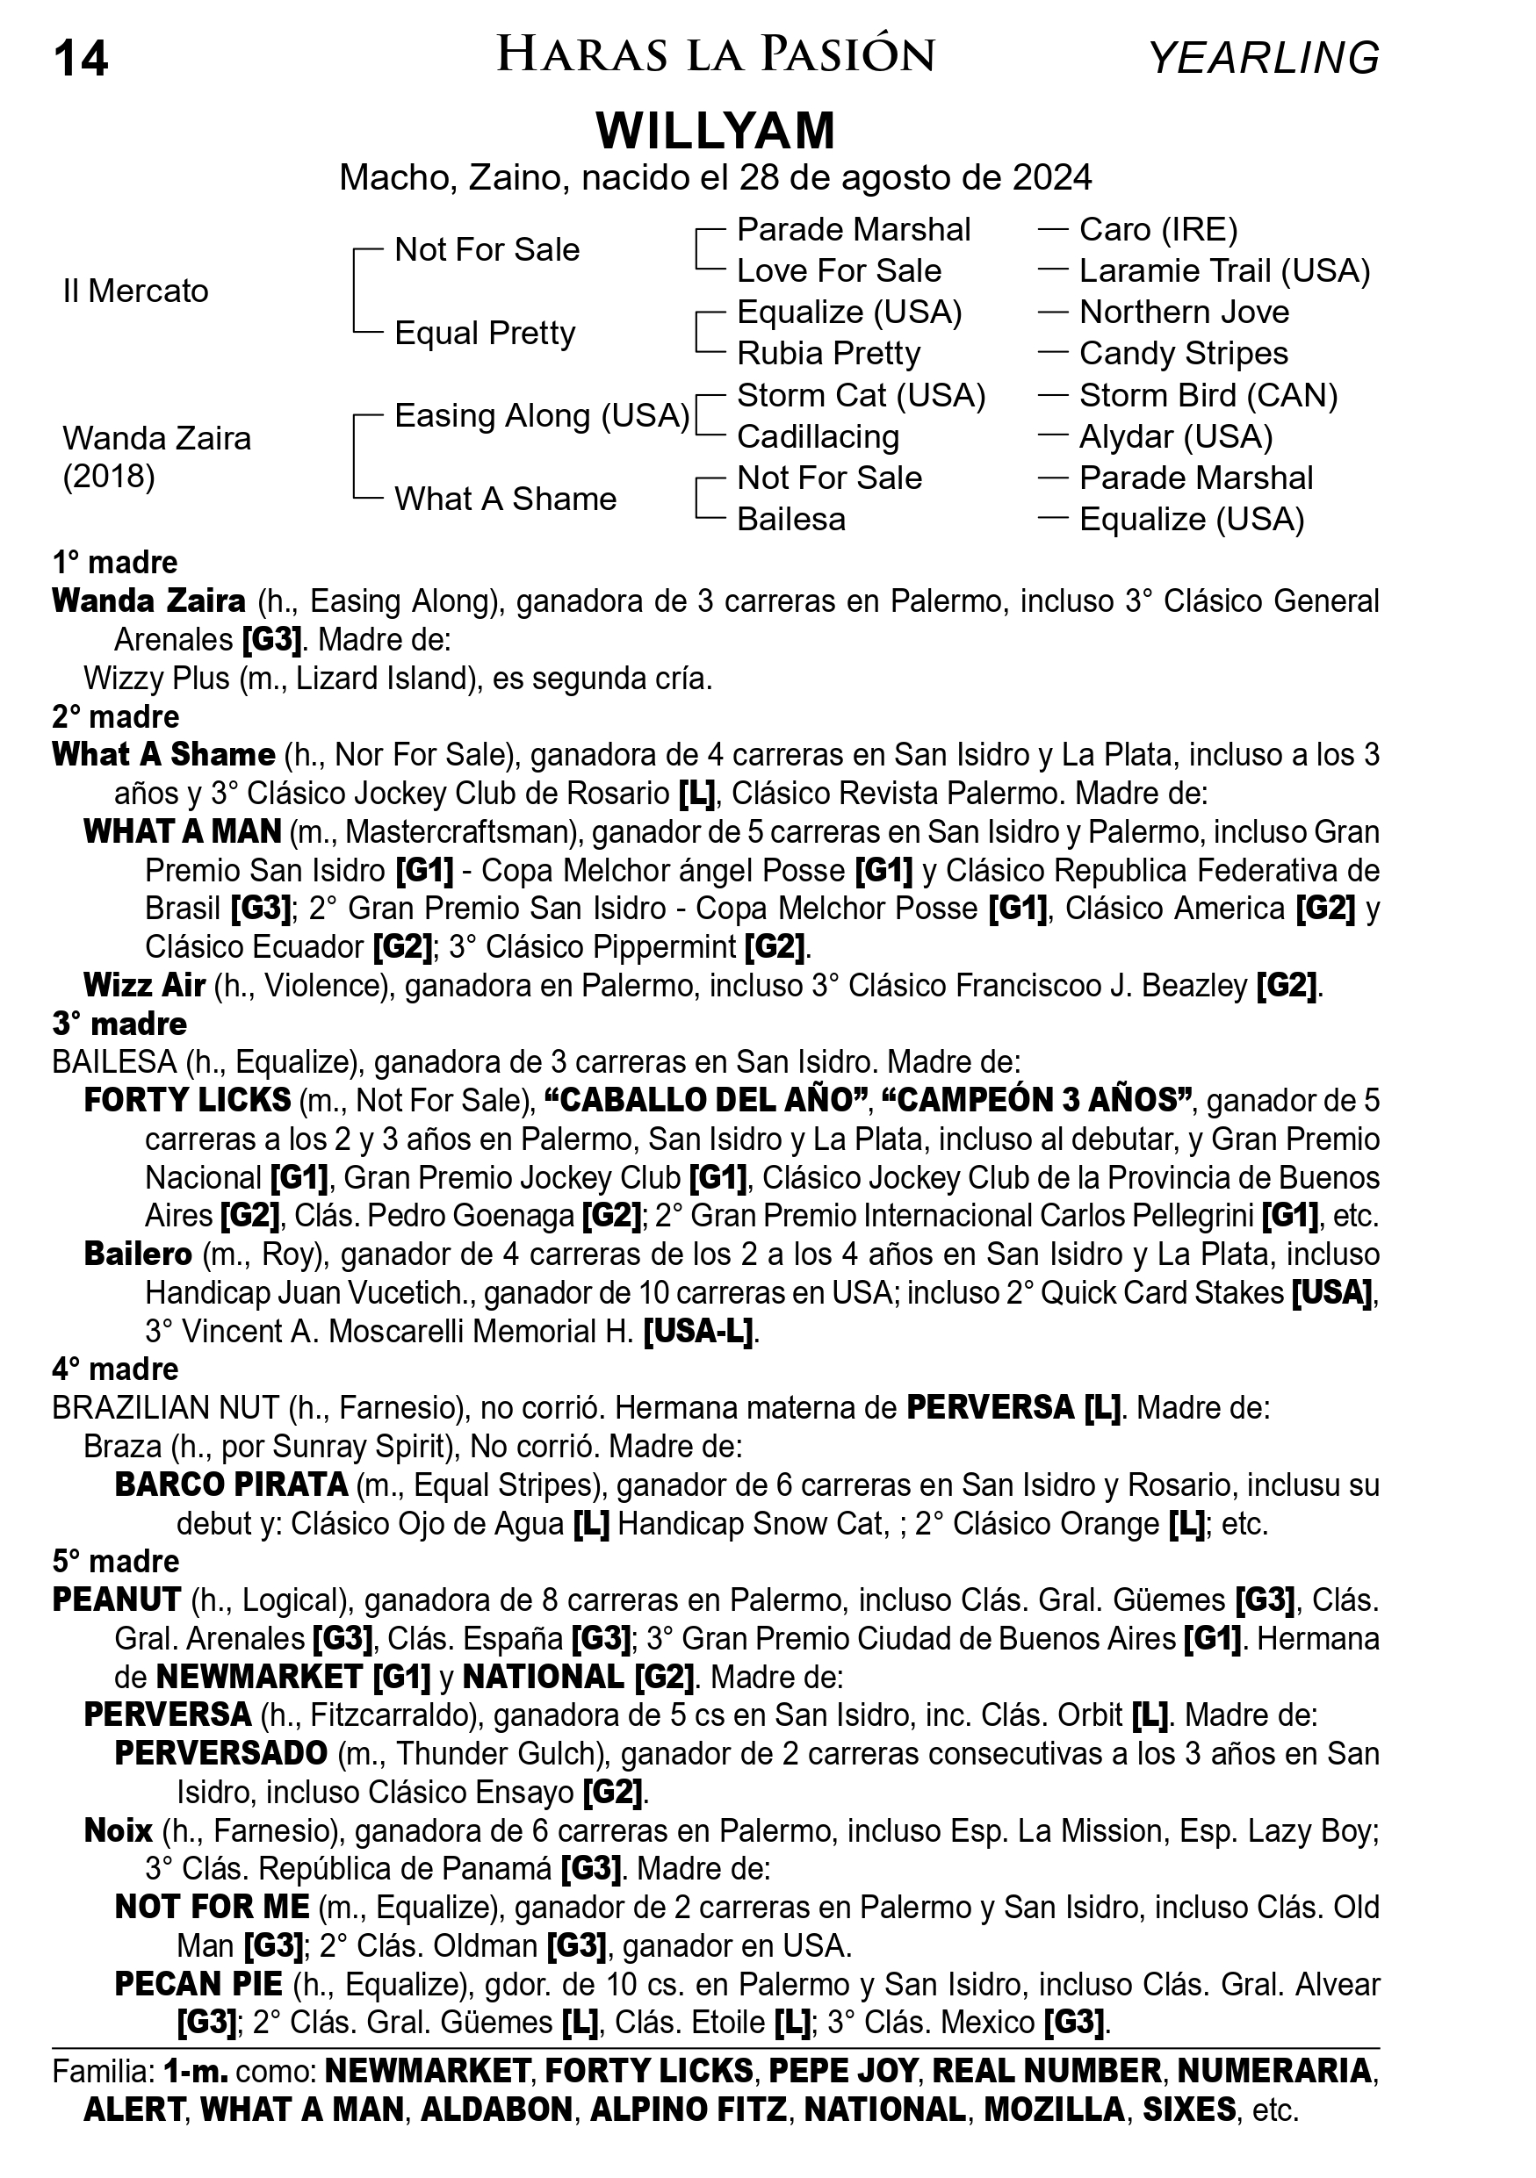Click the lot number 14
[82, 59]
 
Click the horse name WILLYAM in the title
[716, 131]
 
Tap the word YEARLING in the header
[1264, 59]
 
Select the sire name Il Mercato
[135, 291]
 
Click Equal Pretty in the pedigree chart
[485, 333]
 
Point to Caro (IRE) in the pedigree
[1157, 229]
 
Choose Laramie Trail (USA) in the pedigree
[1224, 271]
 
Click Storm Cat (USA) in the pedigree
[862, 395]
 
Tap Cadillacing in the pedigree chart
[818, 436]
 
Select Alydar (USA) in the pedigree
[1175, 436]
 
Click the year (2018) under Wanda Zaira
[109, 476]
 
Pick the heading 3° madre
[119, 1024]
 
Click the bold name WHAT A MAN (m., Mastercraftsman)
[182, 832]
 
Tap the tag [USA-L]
[698, 1332]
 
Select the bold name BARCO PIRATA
[232, 1484]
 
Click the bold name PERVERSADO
[221, 1753]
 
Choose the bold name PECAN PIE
[198, 1985]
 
